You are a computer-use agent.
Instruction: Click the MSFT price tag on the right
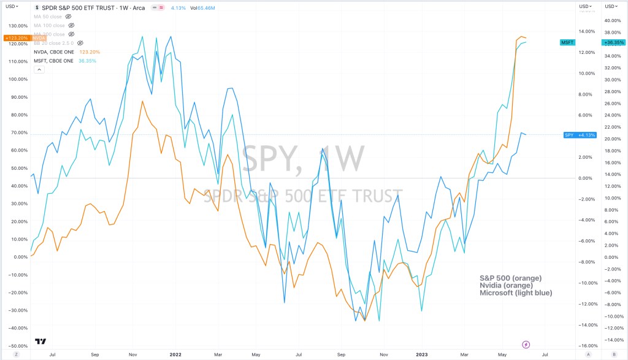click(x=567, y=42)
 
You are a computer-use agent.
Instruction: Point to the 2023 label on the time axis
click(x=423, y=354)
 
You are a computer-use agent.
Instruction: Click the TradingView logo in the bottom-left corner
click(x=41, y=342)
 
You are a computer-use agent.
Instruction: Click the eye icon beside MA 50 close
click(x=70, y=17)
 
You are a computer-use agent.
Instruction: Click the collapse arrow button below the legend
click(x=39, y=69)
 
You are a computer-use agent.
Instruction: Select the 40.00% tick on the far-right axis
click(x=614, y=20)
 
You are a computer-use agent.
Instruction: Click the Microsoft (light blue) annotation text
click(x=516, y=293)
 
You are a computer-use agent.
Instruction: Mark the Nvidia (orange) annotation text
click(x=506, y=285)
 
